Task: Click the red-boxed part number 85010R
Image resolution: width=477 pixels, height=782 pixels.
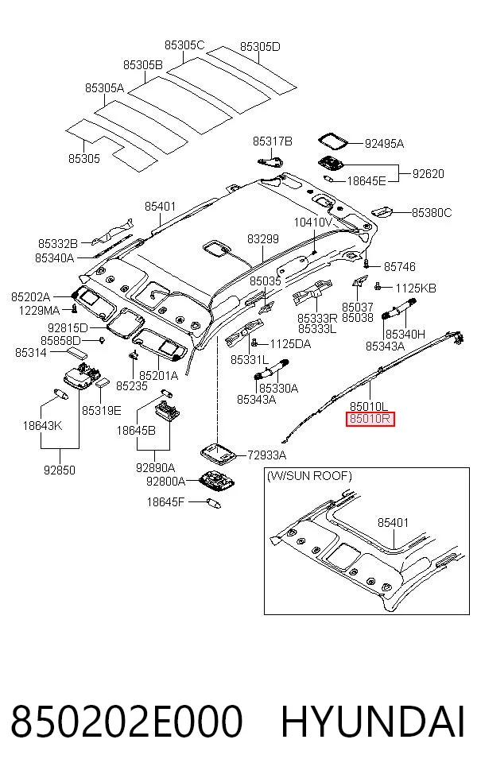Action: click(x=370, y=419)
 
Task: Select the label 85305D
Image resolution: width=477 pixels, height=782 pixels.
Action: click(x=260, y=47)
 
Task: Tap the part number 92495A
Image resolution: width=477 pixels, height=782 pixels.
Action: click(x=384, y=144)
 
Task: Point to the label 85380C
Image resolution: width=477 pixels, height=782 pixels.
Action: click(x=432, y=213)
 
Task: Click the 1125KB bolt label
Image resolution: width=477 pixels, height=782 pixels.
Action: click(x=416, y=288)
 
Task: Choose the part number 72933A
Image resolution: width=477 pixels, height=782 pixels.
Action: click(x=267, y=455)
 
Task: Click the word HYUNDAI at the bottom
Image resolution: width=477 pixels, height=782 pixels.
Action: click(x=373, y=721)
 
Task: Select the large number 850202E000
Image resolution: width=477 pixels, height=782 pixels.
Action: click(x=126, y=721)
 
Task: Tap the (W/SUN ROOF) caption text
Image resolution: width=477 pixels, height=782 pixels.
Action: click(x=309, y=476)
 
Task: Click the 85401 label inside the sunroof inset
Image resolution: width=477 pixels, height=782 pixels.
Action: click(x=394, y=523)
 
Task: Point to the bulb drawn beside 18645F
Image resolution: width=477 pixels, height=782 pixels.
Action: click(x=212, y=503)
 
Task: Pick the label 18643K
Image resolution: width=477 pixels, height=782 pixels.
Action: click(x=42, y=426)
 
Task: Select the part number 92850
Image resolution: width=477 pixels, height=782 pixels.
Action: click(x=60, y=470)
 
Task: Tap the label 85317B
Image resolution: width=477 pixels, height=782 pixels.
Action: click(x=273, y=141)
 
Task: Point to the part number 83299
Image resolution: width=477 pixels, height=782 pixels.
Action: click(x=263, y=239)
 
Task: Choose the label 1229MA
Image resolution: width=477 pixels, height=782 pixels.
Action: click(x=39, y=311)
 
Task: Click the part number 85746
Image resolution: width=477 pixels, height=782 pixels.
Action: click(x=400, y=267)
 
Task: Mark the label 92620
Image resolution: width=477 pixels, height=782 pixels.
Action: click(x=428, y=174)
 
